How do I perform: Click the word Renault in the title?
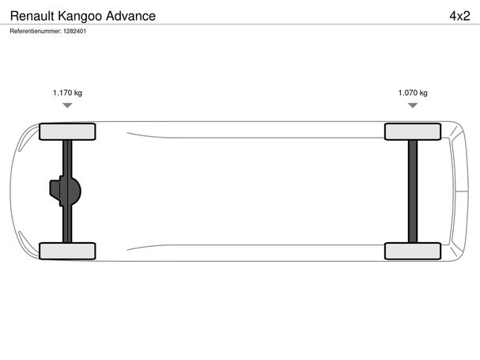32,16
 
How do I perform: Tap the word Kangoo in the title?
80,17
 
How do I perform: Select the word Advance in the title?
130,16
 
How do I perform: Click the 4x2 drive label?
459,16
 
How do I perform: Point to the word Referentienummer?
36,31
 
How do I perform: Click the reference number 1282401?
74,31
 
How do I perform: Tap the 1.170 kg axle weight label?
67,93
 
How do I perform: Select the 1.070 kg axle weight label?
413,93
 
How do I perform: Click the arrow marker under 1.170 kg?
67,105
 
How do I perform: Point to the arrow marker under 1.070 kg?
413,105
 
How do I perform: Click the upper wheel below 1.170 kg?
67,131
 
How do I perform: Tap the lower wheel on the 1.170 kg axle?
67,251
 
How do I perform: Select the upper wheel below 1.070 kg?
413,131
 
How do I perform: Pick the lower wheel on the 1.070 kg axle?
413,251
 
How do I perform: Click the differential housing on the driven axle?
65,191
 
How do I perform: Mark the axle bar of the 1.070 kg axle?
413,191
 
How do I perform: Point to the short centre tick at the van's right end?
462,191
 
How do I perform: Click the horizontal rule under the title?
240,24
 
